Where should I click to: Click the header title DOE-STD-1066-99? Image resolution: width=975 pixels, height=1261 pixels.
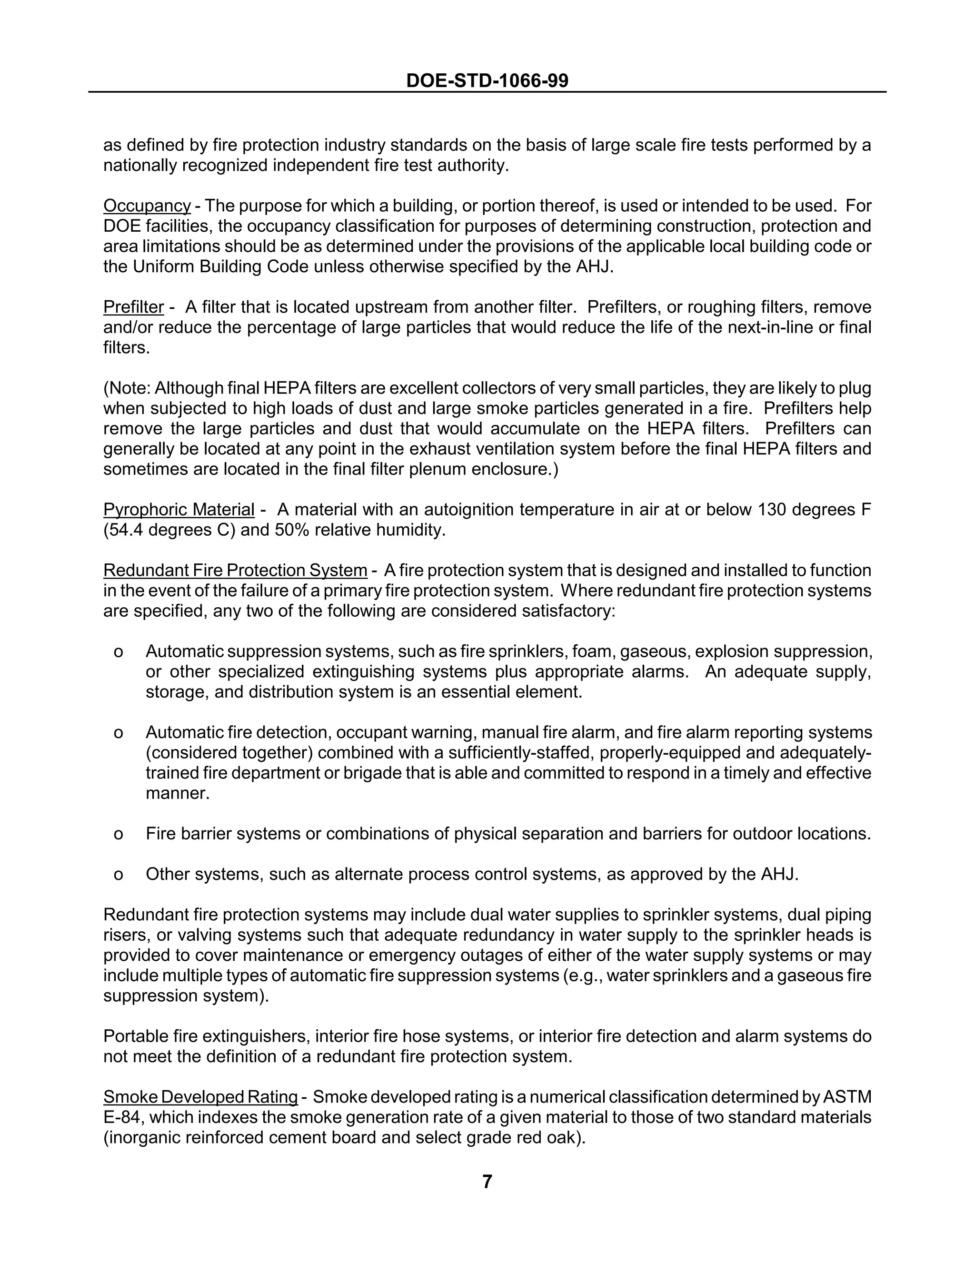pos(487,80)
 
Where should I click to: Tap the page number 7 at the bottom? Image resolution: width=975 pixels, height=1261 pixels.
pos(487,1182)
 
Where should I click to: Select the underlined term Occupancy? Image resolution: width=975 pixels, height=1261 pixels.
pos(147,206)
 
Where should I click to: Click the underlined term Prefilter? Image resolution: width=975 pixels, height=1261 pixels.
pos(133,307)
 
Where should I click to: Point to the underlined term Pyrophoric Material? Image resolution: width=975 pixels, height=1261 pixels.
pos(179,510)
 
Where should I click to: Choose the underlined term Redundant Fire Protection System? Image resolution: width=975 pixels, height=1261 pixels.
pos(235,571)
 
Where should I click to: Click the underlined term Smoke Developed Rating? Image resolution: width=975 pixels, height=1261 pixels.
pos(200,1097)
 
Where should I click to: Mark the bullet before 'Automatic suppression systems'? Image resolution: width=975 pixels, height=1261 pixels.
pos(119,652)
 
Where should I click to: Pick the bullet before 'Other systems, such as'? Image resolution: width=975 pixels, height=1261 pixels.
pos(119,875)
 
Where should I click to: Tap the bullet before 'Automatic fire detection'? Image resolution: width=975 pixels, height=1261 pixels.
pos(119,733)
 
